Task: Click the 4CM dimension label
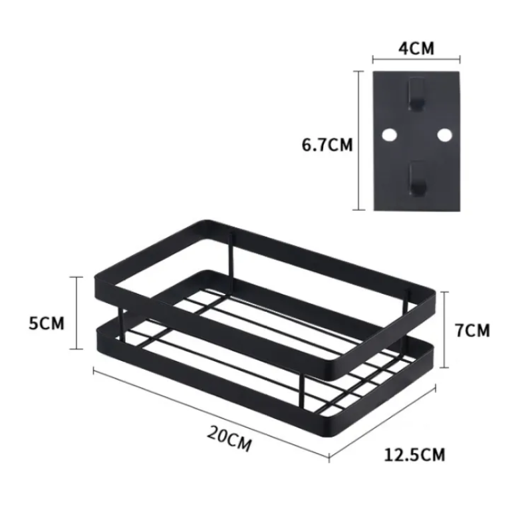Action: pos(416,48)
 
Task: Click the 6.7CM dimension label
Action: pos(327,144)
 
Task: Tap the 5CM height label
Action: pos(47,323)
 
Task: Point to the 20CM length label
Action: pos(229,440)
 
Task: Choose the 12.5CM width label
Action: pos(415,455)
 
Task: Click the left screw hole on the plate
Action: pos(388,135)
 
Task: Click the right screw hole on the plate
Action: pos(444,135)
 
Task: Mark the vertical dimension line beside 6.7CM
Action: pos(360,140)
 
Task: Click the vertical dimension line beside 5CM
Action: pos(78,313)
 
